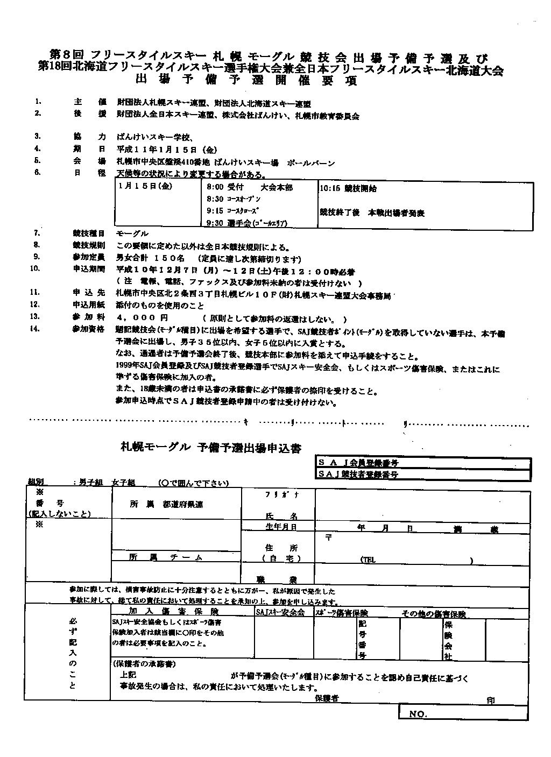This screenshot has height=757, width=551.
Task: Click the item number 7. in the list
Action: click(x=37, y=234)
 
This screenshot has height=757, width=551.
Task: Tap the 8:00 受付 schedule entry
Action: click(x=225, y=188)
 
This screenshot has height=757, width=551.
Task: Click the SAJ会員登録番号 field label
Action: click(x=358, y=463)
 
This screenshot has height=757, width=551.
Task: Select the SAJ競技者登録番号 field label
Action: click(x=358, y=474)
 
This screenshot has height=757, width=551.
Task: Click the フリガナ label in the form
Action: click(x=274, y=494)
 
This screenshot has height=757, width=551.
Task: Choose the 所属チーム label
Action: click(x=166, y=557)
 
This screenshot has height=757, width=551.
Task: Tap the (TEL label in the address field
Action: click(x=368, y=560)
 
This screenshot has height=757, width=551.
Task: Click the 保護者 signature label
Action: click(x=327, y=698)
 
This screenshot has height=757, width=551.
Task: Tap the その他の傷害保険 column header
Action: click(x=433, y=614)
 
